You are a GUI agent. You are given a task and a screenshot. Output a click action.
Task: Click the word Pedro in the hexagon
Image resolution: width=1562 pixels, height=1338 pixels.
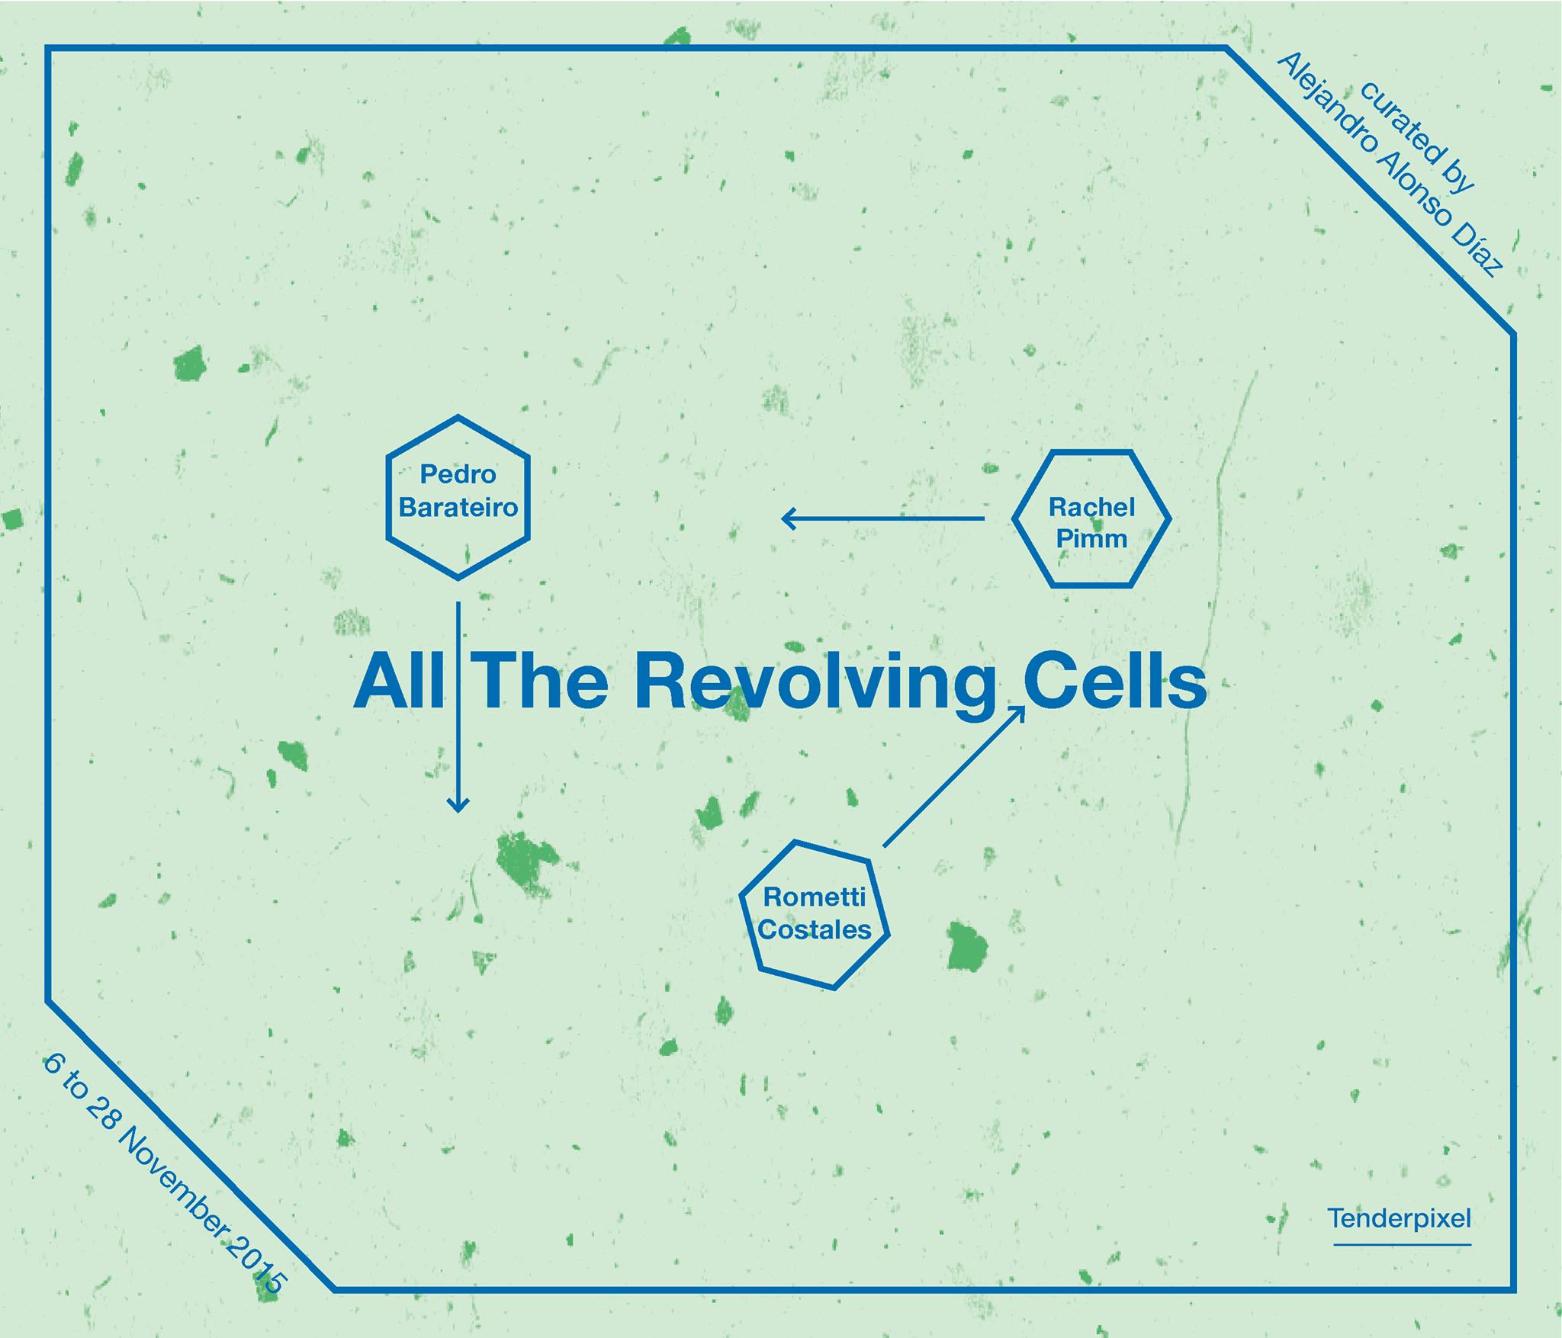click(458, 474)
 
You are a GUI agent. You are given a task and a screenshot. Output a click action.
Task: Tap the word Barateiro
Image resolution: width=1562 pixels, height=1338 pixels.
click(458, 507)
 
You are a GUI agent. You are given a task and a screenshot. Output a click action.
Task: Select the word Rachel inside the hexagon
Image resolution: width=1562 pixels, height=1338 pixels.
click(1091, 507)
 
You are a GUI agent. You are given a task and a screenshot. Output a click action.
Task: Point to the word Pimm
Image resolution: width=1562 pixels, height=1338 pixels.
click(1091, 538)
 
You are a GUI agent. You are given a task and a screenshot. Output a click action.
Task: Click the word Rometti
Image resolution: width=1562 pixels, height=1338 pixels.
click(815, 897)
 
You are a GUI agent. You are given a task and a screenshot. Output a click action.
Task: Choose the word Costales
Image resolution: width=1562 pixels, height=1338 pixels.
click(815, 929)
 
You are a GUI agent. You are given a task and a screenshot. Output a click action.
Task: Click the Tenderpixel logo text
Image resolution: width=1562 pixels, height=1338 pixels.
click(1400, 1218)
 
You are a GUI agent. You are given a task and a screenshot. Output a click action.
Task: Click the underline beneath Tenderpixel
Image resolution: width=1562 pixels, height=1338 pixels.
click(1402, 1245)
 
